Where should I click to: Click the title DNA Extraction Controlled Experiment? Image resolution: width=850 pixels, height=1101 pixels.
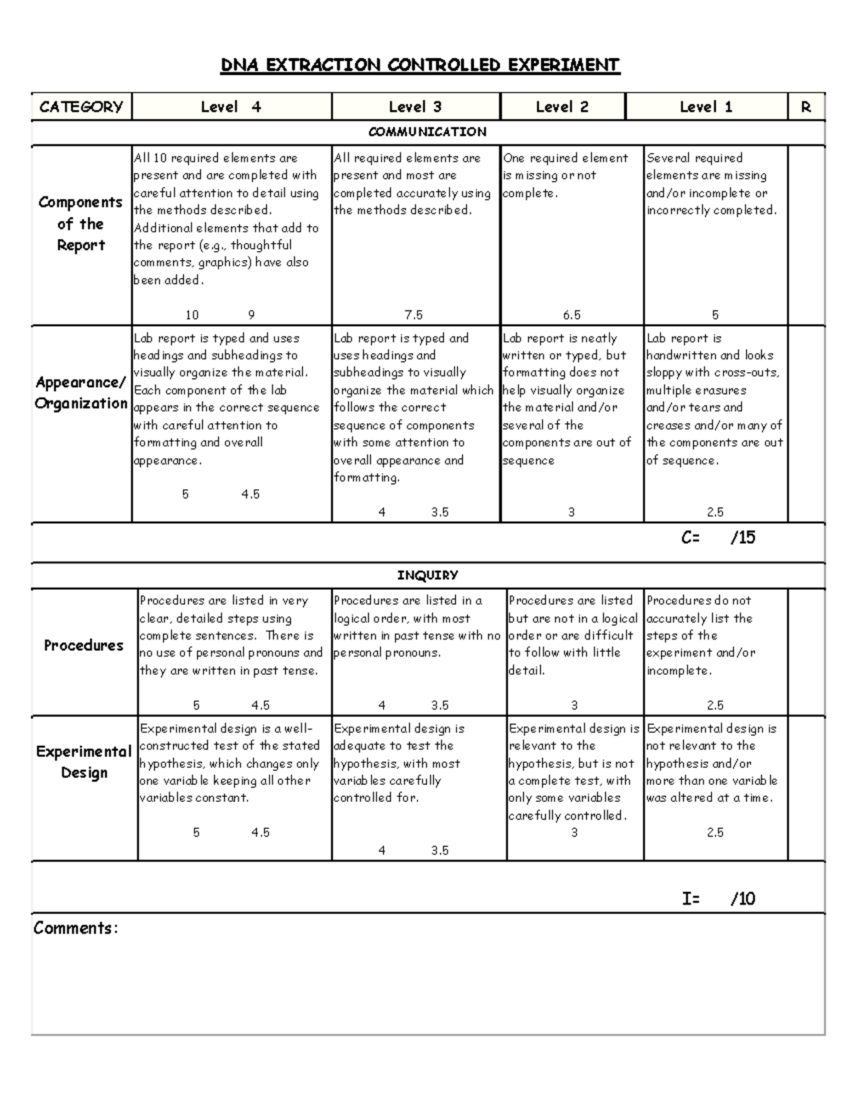420,65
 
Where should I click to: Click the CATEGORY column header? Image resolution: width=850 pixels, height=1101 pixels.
81,107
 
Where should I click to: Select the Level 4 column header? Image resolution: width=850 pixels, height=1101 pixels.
231,107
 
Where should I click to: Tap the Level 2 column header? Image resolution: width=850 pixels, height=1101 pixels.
562,107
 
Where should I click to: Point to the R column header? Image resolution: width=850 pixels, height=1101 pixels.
805,107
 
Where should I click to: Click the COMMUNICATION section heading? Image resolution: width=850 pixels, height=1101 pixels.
427,132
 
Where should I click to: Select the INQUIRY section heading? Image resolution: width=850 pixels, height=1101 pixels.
427,575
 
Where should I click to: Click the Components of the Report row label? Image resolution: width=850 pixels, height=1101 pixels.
81,224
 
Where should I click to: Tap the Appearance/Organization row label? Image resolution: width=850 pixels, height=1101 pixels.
81,393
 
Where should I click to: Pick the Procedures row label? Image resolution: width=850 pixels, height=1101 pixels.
84,645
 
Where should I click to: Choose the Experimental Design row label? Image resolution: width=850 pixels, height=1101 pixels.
84,762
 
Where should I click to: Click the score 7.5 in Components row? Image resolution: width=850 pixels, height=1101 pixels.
414,315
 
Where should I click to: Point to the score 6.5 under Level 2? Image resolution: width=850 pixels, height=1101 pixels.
572,315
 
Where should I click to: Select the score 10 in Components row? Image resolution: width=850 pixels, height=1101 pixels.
192,315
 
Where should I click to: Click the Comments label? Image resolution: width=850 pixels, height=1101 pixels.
75,928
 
